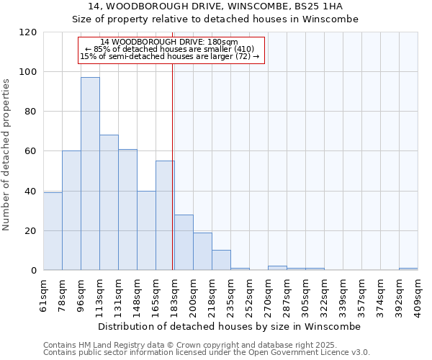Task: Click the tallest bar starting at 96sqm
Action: [x=90, y=174]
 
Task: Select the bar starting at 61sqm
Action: [x=53, y=231]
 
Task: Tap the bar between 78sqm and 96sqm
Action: [x=71, y=210]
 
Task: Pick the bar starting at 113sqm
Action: [x=109, y=202]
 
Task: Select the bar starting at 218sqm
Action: [x=221, y=260]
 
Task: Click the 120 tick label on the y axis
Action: [x=28, y=32]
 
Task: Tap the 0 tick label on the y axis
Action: [x=34, y=271]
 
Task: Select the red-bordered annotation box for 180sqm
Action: [x=171, y=49]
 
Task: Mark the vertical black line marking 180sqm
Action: [x=173, y=166]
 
